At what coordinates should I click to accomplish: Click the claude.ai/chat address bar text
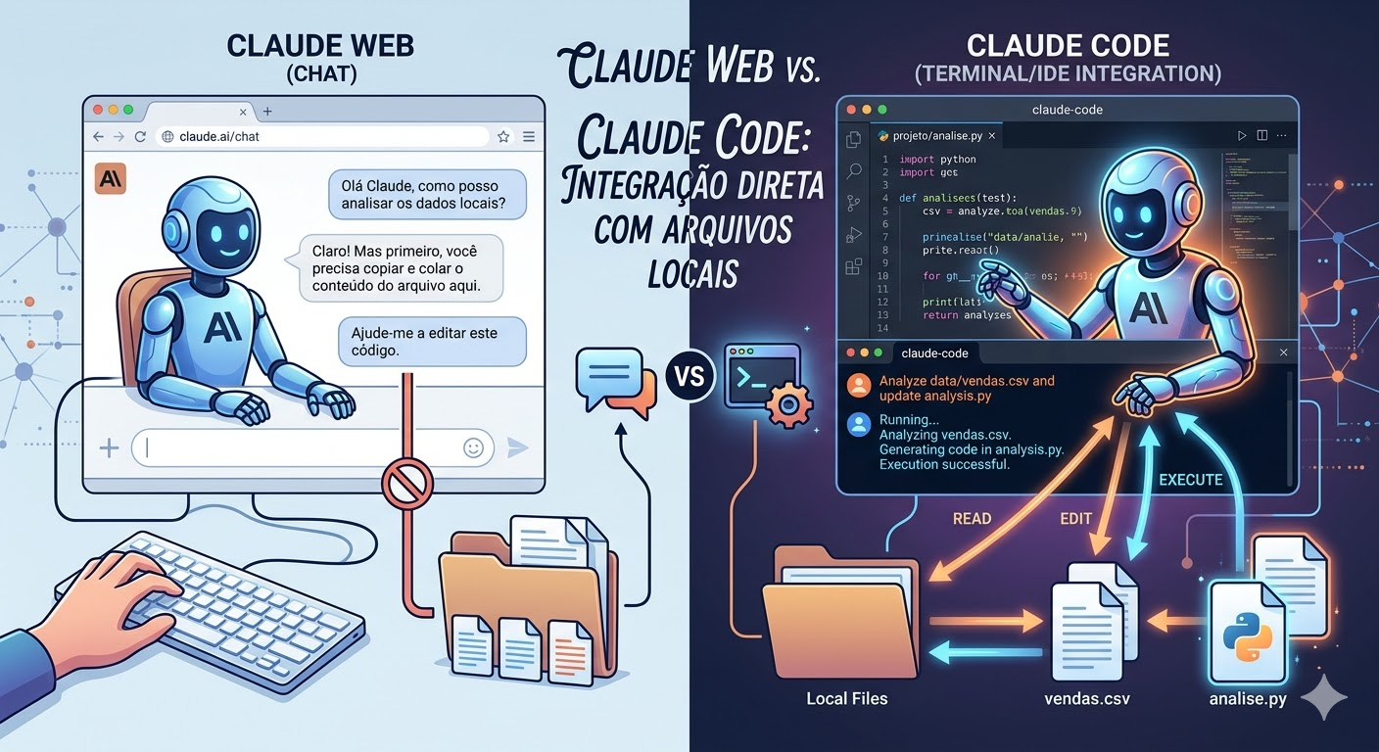click(x=219, y=137)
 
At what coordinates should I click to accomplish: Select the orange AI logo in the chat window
click(x=111, y=179)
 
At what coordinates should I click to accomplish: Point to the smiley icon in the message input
click(x=473, y=447)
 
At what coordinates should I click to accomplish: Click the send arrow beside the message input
click(x=517, y=447)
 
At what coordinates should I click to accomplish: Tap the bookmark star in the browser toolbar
click(x=503, y=137)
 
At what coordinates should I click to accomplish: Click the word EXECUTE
click(x=1190, y=480)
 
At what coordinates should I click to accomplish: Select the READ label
click(x=972, y=519)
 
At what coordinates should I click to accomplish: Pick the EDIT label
click(x=1075, y=519)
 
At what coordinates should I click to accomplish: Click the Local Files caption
click(x=846, y=699)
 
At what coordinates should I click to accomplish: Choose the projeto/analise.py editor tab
click(x=937, y=135)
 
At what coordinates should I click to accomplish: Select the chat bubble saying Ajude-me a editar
click(x=432, y=341)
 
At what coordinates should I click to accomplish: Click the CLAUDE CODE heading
click(x=1068, y=45)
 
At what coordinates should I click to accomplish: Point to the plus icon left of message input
click(x=109, y=448)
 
